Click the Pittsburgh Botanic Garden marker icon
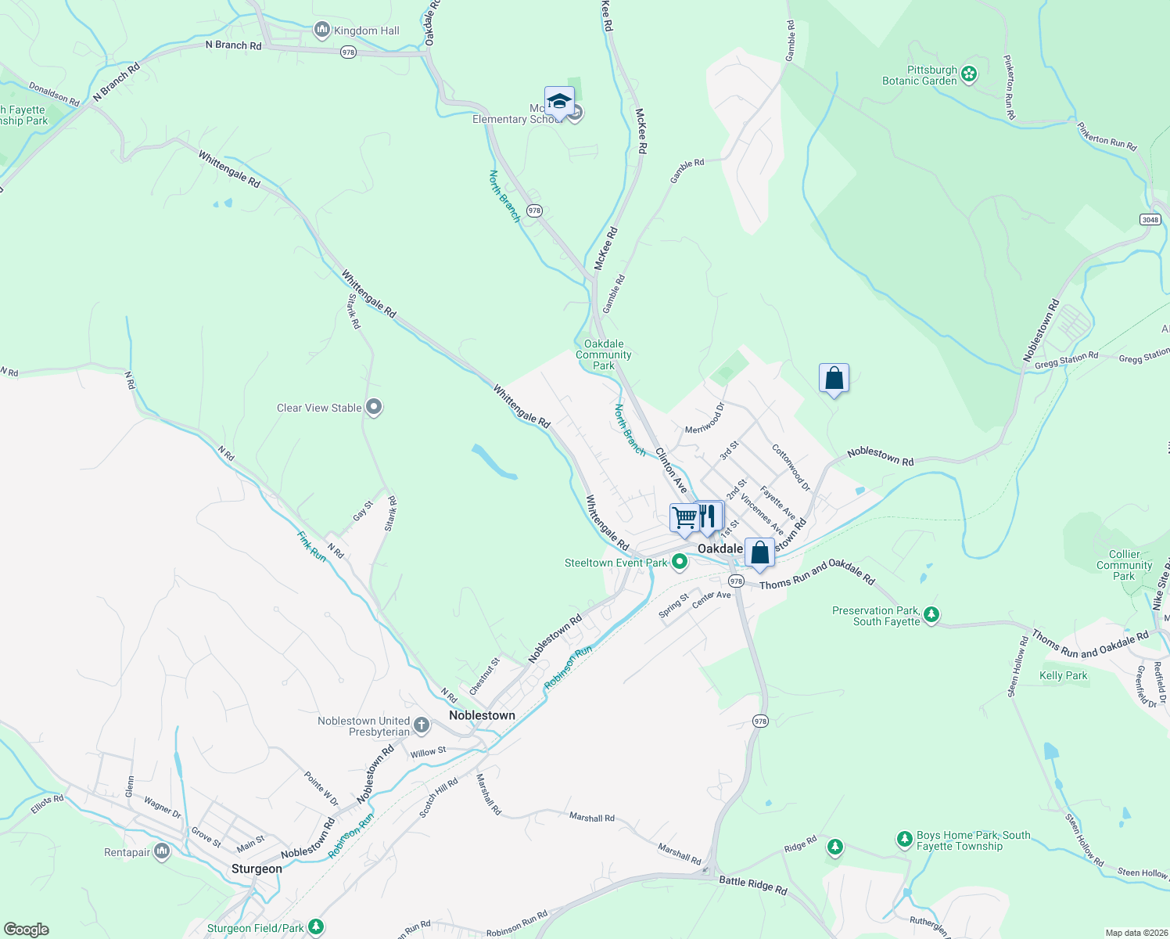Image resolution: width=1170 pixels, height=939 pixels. (969, 74)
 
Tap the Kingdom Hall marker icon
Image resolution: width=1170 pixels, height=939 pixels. (321, 31)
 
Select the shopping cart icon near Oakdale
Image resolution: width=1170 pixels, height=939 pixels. (684, 518)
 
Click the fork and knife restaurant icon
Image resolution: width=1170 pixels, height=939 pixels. (708, 516)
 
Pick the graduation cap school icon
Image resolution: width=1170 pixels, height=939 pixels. (559, 102)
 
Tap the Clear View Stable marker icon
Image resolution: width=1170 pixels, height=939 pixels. (374, 407)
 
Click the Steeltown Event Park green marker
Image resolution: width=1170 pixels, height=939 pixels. (680, 562)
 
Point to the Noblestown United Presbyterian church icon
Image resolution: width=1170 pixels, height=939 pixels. (421, 725)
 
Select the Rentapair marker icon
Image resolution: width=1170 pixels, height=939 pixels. (162, 851)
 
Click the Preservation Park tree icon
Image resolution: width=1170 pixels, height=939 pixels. (931, 615)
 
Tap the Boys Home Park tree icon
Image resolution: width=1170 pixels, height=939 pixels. (905, 840)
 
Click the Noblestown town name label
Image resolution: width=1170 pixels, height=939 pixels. (482, 715)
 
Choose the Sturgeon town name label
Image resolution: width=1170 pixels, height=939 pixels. (257, 869)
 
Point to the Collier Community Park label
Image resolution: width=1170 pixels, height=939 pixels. (1124, 565)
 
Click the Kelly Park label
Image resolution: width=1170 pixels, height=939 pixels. (1064, 675)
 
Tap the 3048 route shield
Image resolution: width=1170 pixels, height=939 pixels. (1150, 219)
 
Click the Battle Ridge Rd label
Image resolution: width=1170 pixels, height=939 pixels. (752, 885)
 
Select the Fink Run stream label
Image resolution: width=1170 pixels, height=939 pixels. (311, 545)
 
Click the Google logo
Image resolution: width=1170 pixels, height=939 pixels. (26, 930)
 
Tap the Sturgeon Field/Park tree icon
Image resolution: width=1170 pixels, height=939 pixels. (316, 927)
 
